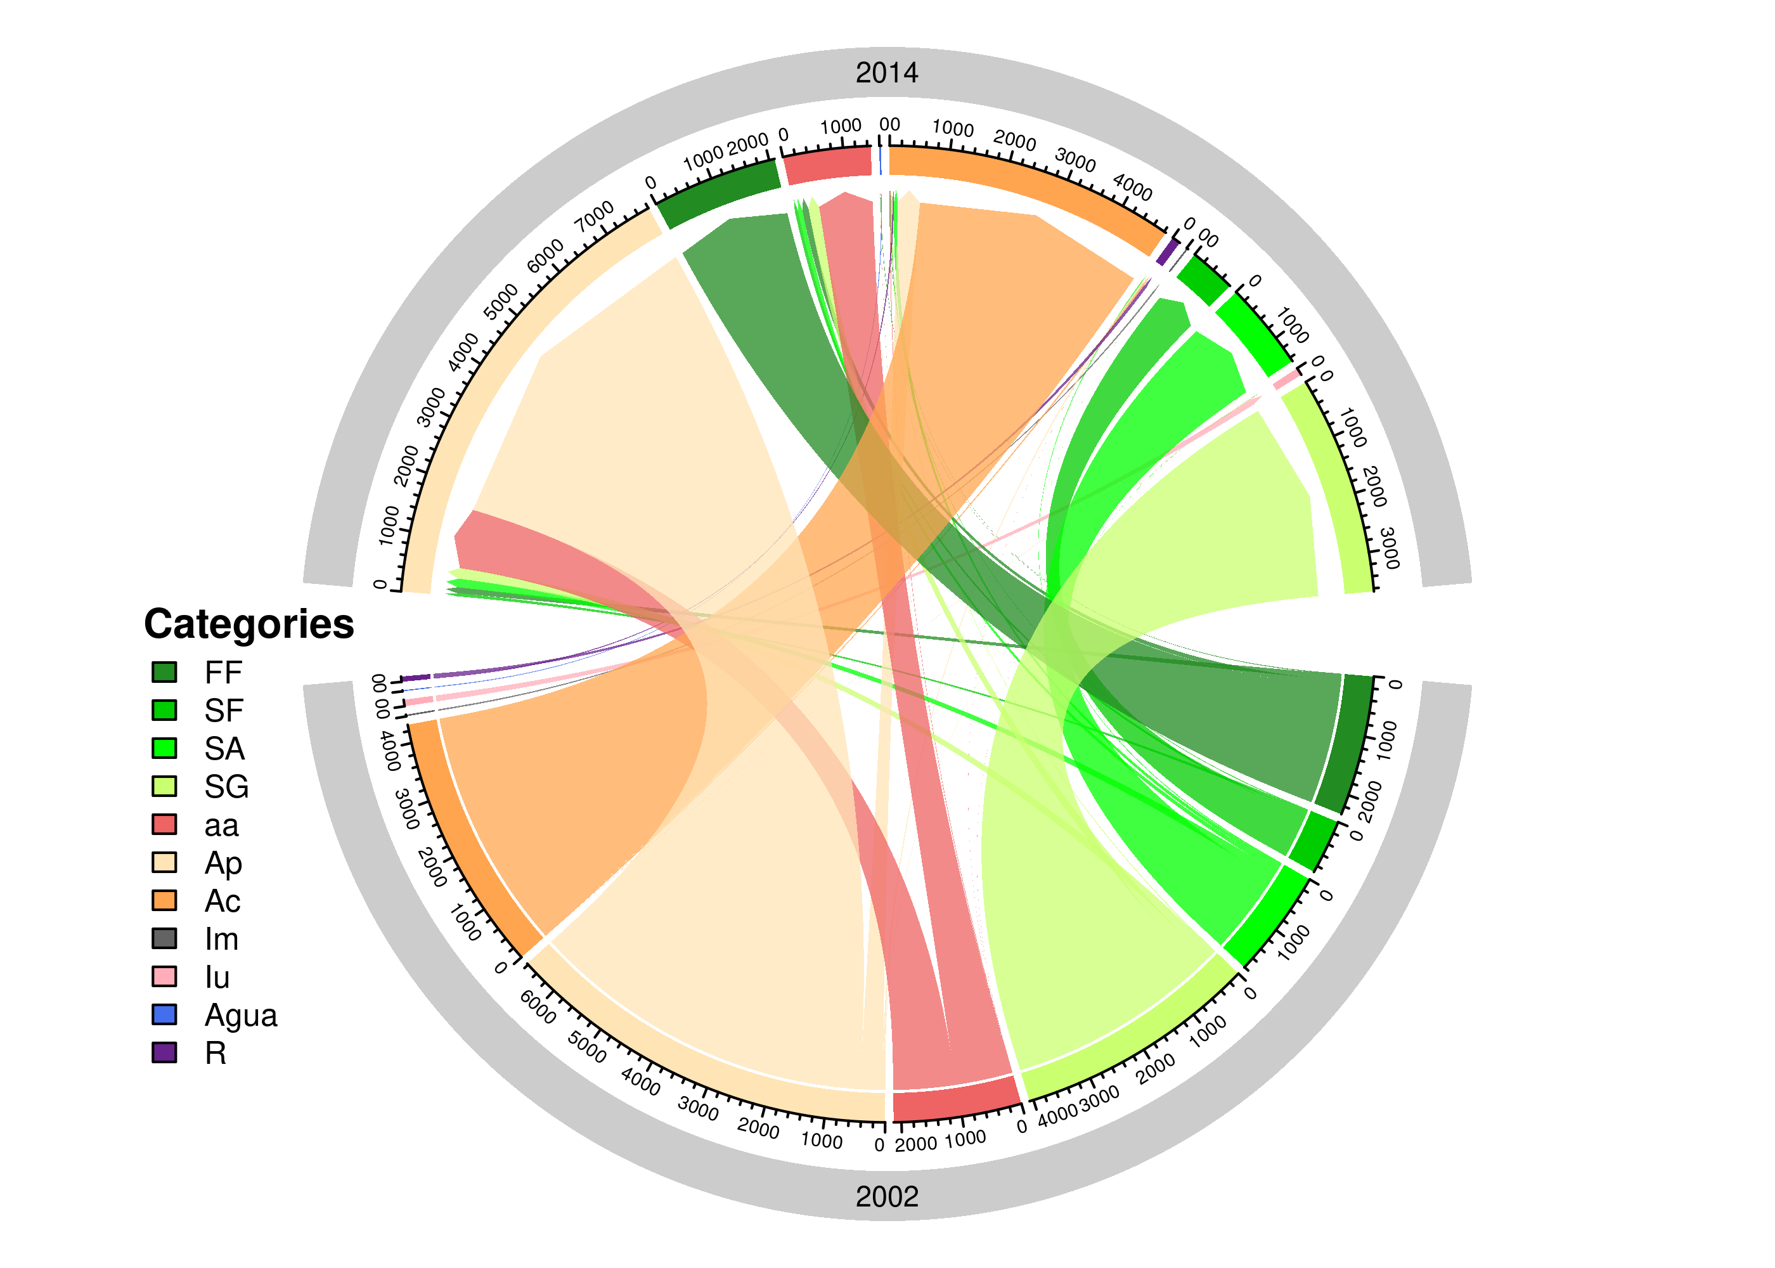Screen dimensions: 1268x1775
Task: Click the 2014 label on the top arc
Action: pyautogui.click(x=887, y=73)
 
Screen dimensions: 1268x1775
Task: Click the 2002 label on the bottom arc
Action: pyautogui.click(x=887, y=1196)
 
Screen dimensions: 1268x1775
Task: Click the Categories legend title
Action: pyautogui.click(x=249, y=624)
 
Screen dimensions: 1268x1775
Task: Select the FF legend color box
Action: pyautogui.click(x=164, y=672)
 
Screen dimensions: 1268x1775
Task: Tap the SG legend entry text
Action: pyautogui.click(x=226, y=786)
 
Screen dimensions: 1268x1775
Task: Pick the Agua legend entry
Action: pyautogui.click(x=240, y=1015)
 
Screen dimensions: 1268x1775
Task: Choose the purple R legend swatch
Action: pyautogui.click(x=164, y=1052)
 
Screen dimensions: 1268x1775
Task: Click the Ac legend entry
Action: pyautogui.click(x=223, y=901)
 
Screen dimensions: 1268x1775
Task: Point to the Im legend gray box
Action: pyautogui.click(x=164, y=938)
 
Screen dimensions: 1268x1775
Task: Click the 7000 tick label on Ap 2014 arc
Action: pyautogui.click(x=595, y=216)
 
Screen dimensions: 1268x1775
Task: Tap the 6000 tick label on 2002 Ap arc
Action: pyautogui.click(x=538, y=1007)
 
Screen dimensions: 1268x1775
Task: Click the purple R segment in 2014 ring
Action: pyautogui.click(x=1168, y=252)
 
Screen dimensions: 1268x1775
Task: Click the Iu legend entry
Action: pyautogui.click(x=217, y=977)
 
